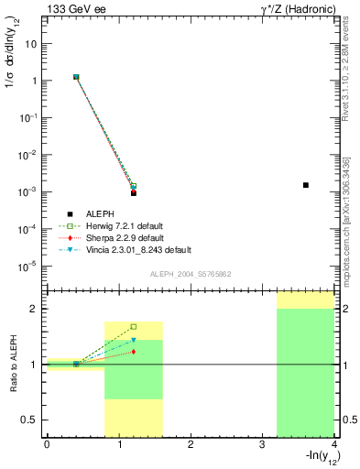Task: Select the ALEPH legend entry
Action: (x=101, y=213)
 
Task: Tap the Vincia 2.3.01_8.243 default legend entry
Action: (x=143, y=249)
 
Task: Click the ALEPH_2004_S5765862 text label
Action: (x=189, y=274)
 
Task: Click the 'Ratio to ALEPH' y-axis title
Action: (x=14, y=364)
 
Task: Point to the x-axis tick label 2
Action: (x=191, y=444)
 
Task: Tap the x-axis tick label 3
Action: (x=262, y=444)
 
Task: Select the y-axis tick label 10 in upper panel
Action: (x=35, y=43)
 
